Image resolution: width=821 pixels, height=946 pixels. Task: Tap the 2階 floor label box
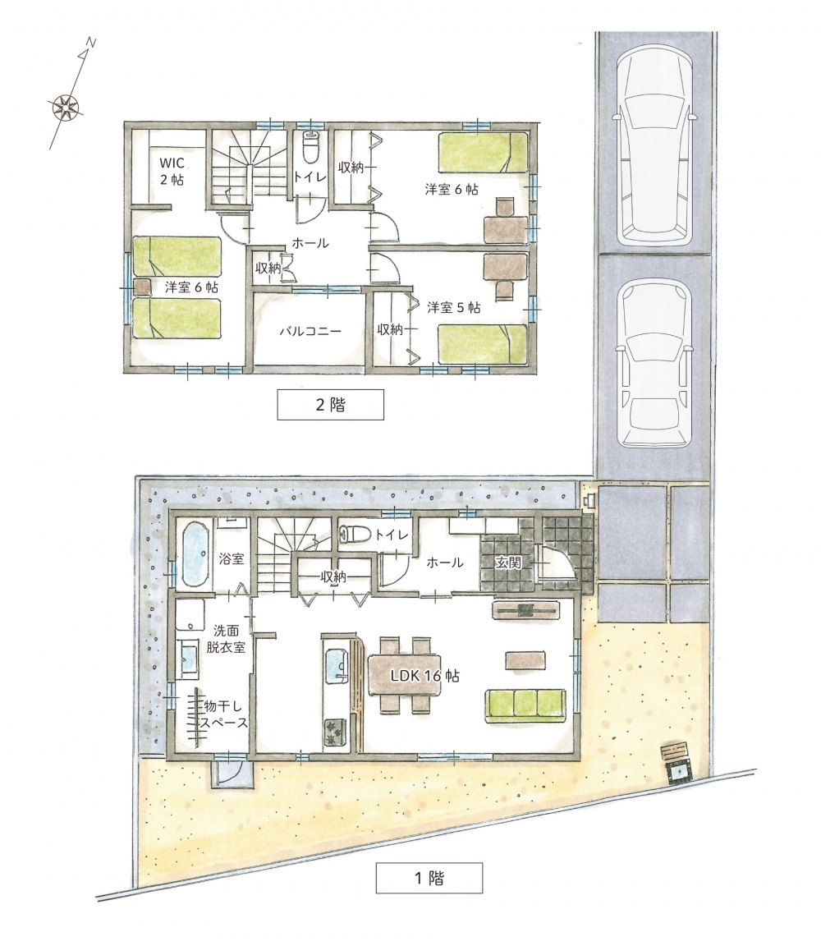click(331, 404)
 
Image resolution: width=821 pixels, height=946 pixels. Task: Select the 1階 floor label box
click(429, 878)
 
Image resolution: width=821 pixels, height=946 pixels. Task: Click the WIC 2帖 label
click(172, 172)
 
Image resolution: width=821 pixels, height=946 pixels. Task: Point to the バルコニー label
click(310, 331)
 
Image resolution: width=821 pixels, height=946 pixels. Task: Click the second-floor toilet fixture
click(310, 147)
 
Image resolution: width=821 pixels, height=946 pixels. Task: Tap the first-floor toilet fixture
click(355, 534)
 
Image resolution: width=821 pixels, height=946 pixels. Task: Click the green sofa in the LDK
click(525, 705)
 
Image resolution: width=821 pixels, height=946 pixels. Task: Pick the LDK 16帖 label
click(424, 676)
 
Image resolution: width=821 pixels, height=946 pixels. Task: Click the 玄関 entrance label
click(508, 563)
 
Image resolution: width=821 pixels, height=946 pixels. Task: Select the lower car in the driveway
click(654, 363)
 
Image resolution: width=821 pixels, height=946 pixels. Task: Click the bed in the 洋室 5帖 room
click(483, 345)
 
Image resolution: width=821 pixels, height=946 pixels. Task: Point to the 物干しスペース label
click(224, 714)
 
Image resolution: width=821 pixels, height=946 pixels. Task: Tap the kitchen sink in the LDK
click(336, 665)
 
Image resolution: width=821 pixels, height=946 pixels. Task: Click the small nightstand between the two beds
click(142, 287)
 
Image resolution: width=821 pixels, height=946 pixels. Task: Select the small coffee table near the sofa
click(525, 659)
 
